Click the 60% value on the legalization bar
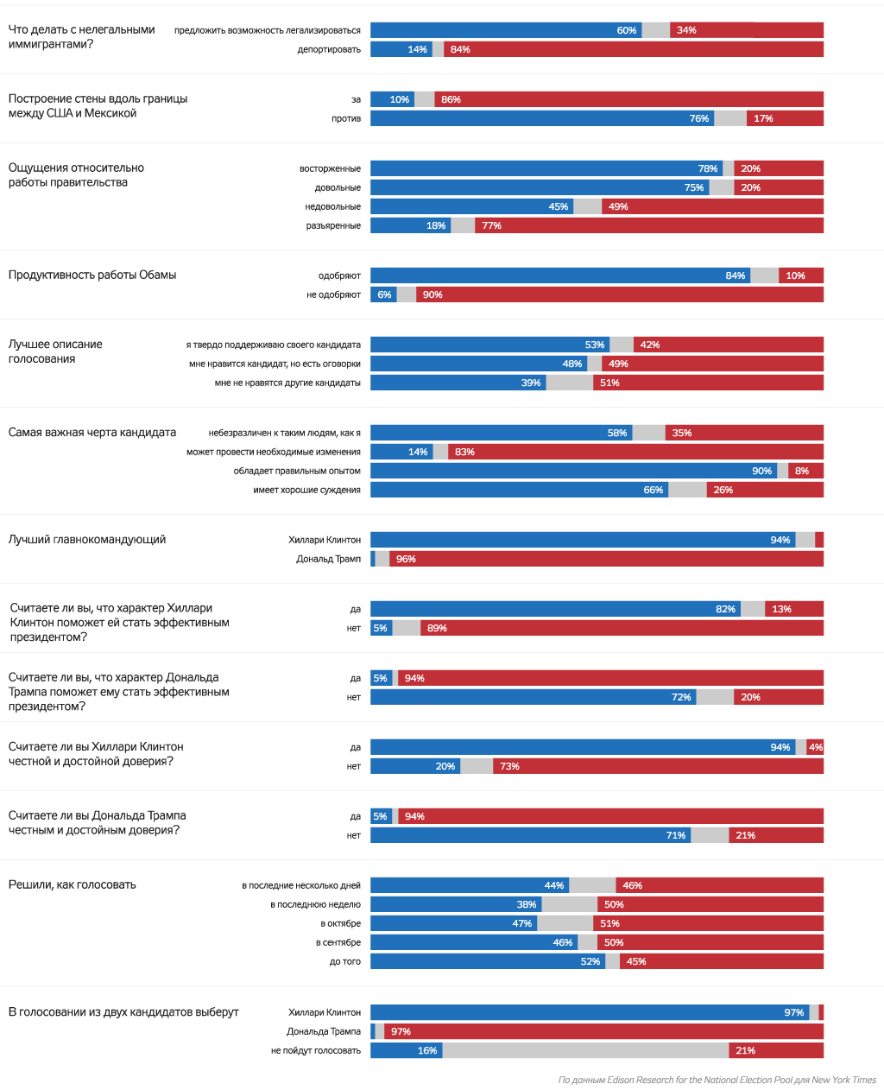[x=627, y=30]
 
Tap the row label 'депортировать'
[x=329, y=49]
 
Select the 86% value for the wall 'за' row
[x=451, y=99]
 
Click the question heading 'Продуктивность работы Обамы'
[x=92, y=276]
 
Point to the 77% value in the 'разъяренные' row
[x=492, y=225]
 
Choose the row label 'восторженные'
[x=330, y=168]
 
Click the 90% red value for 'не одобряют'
[x=433, y=295]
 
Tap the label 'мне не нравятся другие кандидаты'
[x=287, y=383]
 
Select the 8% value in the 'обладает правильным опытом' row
[x=802, y=471]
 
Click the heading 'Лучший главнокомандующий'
[x=87, y=540]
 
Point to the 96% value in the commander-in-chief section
[x=406, y=559]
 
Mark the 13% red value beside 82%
[x=782, y=609]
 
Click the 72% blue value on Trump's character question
[x=681, y=697]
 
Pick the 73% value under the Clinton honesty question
[x=509, y=766]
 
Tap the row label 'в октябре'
[x=340, y=923]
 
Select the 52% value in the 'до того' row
[x=590, y=961]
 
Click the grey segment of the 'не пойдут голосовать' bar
[x=585, y=1050]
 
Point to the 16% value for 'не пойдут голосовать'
[x=427, y=1050]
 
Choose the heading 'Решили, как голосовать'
[x=73, y=885]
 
